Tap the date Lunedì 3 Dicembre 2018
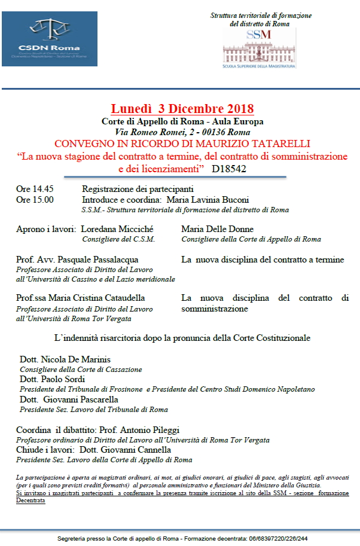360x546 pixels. [182, 109]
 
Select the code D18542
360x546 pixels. [229, 169]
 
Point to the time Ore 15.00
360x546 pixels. [35, 200]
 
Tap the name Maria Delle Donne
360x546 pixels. [218, 229]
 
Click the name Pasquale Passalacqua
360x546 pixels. [105, 260]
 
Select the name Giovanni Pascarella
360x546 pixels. [81, 399]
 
